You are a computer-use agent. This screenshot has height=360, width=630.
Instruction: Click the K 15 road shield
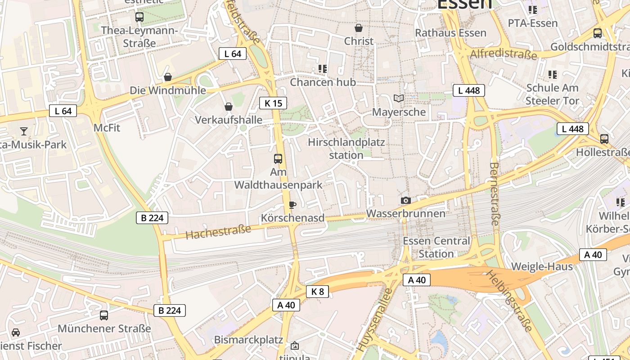tap(273, 103)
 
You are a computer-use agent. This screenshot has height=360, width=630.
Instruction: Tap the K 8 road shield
tap(317, 292)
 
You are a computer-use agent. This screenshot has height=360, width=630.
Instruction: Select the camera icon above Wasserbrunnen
tap(405, 200)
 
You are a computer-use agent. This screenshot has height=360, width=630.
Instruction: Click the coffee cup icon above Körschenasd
tap(292, 205)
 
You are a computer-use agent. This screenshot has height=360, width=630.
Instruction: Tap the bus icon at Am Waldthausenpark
tap(278, 158)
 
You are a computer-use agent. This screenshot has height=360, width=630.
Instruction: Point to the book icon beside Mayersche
tap(398, 98)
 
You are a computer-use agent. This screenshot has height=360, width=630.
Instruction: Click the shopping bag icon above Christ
tap(359, 28)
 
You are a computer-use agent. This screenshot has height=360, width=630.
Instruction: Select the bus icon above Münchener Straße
tap(104, 315)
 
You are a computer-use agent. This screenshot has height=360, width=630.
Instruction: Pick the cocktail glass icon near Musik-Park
tap(24, 131)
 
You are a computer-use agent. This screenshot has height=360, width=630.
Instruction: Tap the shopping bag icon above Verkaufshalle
tap(229, 107)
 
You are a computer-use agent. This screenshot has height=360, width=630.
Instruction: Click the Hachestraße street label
tap(218, 232)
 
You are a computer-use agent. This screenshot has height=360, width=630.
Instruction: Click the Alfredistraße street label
tap(503, 54)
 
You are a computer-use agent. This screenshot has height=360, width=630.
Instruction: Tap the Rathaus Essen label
tap(450, 33)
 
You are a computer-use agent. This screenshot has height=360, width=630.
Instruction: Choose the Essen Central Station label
tap(436, 247)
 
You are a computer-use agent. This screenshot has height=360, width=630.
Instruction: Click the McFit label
tap(107, 128)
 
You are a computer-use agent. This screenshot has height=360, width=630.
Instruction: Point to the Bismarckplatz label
tap(248, 339)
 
